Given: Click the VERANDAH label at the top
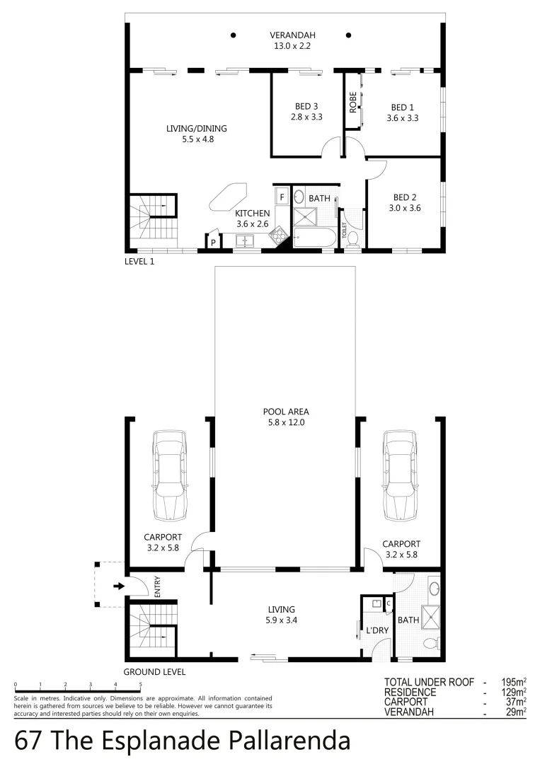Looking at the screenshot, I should pyautogui.click(x=292, y=35).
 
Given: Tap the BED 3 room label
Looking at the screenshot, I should pyautogui.click(x=306, y=108).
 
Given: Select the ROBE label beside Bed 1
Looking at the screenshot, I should pyautogui.click(x=352, y=103).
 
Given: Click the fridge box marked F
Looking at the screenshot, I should pyautogui.click(x=281, y=196).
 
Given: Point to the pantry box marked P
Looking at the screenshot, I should pyautogui.click(x=212, y=243).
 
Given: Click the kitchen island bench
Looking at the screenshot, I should pyautogui.click(x=228, y=195).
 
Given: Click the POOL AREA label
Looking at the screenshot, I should pyautogui.click(x=285, y=412).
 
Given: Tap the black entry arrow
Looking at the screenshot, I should pyautogui.click(x=118, y=586).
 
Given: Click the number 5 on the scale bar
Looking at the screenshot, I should pyautogui.click(x=140, y=685).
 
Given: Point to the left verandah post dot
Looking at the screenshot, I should pyautogui.click(x=232, y=35).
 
